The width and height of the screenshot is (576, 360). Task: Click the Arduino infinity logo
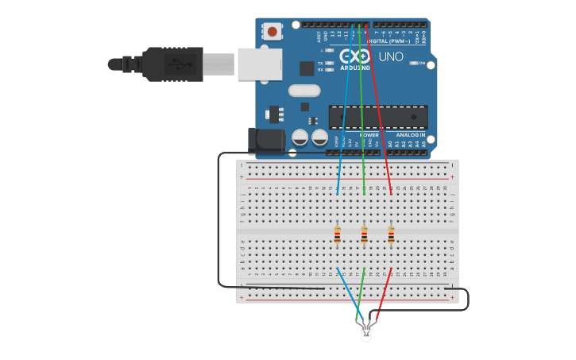[354, 56]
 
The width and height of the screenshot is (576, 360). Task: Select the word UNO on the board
[390, 57]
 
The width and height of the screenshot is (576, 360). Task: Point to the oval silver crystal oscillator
[304, 91]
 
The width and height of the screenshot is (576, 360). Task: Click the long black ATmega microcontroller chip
[378, 117]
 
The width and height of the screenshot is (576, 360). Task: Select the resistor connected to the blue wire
[338, 234]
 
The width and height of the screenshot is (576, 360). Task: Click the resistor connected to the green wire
[364, 234]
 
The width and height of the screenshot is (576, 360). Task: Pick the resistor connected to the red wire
[391, 234]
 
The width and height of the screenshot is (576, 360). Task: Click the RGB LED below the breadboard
[365, 332]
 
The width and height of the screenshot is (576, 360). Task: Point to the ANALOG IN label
[412, 135]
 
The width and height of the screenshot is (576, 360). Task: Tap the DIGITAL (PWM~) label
[389, 41]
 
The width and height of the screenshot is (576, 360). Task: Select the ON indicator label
[422, 63]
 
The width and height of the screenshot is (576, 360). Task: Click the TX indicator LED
[330, 63]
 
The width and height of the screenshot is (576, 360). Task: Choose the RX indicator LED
[330, 70]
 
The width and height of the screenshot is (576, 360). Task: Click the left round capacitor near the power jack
[300, 137]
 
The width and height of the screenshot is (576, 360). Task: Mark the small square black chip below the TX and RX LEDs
[306, 68]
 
